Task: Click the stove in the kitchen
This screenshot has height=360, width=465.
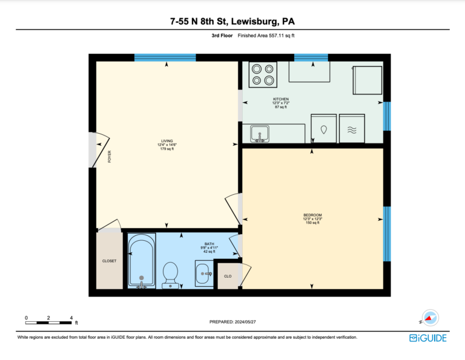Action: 263,74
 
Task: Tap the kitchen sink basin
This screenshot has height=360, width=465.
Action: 260,134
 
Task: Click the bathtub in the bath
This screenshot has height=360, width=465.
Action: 142,260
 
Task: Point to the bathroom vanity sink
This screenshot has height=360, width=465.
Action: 204,273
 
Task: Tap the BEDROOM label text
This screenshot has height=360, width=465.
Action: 312,215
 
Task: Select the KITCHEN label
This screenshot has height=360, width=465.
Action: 281,99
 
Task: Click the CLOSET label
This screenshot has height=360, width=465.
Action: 109,261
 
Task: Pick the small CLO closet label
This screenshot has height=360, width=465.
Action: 228,276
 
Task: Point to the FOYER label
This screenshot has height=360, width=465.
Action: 110,157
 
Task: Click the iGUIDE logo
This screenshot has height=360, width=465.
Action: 428,338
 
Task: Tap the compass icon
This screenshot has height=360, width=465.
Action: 430,318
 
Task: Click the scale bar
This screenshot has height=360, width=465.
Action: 48,322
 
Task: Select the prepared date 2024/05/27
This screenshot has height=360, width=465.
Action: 245,322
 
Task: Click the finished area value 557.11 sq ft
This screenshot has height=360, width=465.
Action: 282,36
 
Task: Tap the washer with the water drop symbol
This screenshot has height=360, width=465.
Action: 323,128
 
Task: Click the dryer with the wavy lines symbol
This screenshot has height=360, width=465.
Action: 352,128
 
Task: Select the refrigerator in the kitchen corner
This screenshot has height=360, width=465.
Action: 368,80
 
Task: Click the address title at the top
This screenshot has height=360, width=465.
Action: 232,21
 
